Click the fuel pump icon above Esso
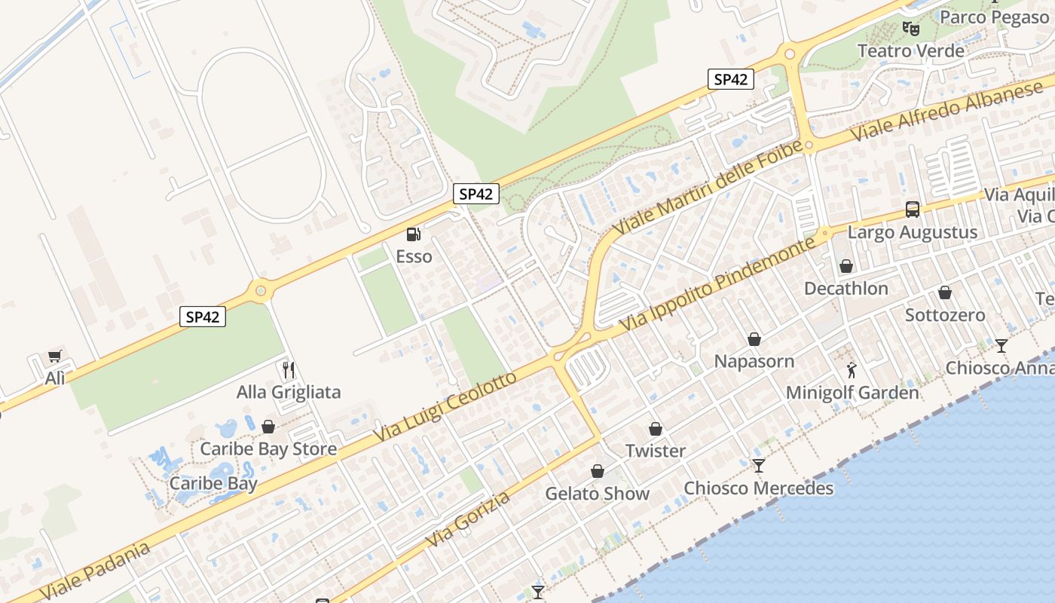413,235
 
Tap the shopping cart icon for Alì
54,357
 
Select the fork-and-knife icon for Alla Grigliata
288,370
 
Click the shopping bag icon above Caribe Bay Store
268,427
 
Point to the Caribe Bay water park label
213,483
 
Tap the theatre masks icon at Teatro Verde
910,29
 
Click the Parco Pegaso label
995,17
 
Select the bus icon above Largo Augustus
912,210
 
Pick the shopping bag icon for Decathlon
846,267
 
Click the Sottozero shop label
945,314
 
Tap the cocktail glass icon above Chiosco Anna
1001,346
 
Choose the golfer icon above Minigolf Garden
852,370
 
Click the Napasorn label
754,361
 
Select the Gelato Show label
597,494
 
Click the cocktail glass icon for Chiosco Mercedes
759,467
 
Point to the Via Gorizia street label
468,519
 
